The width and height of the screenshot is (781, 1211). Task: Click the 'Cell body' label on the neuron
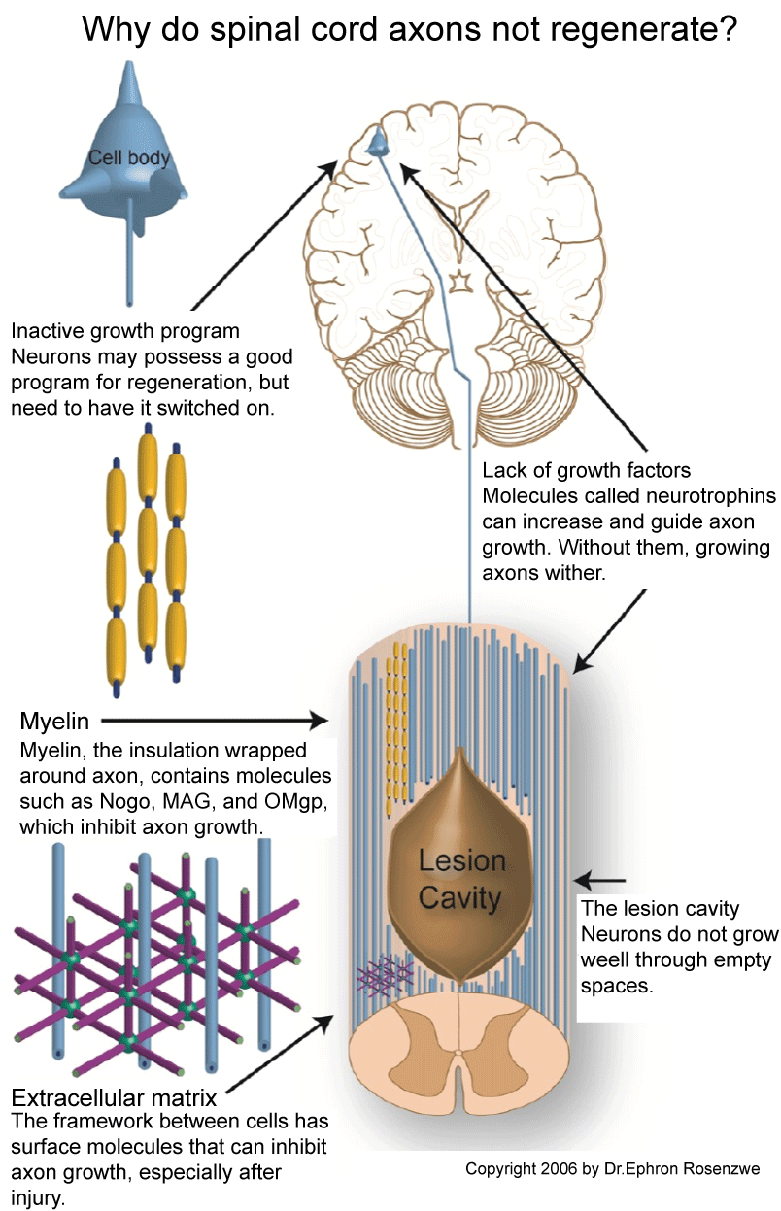pos(128,157)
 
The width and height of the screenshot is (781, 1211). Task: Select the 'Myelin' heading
pos(54,722)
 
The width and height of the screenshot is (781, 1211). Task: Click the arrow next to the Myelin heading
pos(214,721)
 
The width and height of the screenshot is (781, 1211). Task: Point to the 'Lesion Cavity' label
pos(461,878)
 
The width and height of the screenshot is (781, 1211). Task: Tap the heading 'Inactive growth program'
pos(125,332)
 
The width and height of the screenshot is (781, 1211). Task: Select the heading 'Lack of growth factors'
pos(586,471)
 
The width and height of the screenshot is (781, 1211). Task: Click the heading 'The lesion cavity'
pos(660,909)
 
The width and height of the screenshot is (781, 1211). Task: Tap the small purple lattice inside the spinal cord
pos(386,972)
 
